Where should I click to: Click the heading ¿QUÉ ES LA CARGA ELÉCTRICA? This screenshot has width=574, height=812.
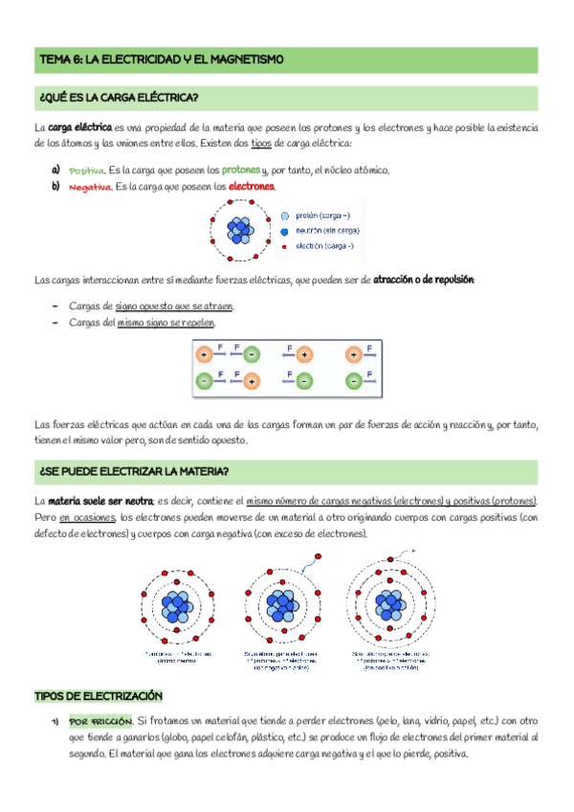click(118, 99)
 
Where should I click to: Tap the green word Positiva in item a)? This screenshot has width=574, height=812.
click(86, 170)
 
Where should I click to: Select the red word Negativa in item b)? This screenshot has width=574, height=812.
click(90, 187)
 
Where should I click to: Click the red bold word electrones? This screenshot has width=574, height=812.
click(252, 187)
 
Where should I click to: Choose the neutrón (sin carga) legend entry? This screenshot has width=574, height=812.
click(327, 231)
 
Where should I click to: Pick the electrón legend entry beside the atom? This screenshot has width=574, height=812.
click(323, 246)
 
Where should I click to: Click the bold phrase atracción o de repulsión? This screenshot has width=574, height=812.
click(423, 280)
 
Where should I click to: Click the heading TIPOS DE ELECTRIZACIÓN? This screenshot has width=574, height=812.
click(98, 695)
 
